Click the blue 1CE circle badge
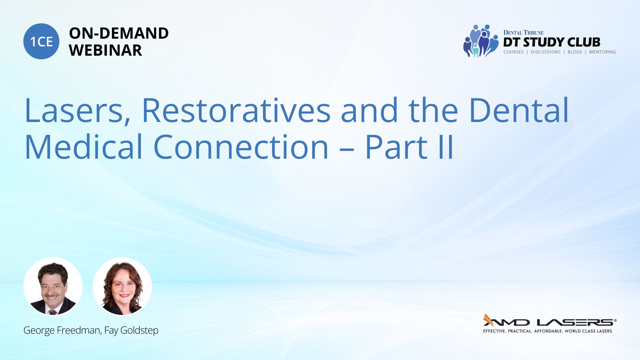41,41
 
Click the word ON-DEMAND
119,33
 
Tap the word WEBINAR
105,50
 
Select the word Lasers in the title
77,110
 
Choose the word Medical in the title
84,146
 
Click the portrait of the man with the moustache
53,287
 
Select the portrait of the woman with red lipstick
122,287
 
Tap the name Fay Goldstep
131,330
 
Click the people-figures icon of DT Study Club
480,41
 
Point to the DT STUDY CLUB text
552,42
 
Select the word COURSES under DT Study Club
514,52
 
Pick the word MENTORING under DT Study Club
602,52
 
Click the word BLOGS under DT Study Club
575,52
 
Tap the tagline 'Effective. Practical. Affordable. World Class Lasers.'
548,331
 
